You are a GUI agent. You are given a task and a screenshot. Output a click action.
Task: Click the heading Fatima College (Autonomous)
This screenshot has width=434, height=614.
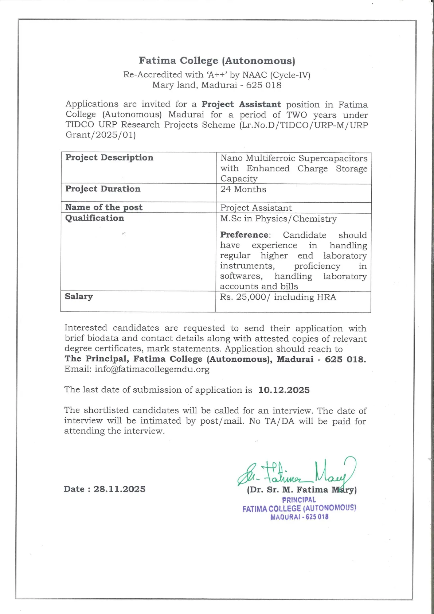(217, 61)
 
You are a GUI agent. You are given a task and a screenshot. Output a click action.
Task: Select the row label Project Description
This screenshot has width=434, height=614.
(109, 158)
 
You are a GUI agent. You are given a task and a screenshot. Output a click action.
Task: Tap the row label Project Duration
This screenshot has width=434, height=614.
(103, 189)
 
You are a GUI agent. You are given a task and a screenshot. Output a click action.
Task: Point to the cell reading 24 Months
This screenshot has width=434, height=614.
(243, 189)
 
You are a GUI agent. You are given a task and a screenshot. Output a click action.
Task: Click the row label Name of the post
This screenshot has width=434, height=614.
(104, 207)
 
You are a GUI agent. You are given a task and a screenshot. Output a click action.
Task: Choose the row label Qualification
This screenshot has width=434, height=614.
(94, 218)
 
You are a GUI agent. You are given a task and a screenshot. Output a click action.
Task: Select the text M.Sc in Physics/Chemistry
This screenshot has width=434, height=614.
(278, 219)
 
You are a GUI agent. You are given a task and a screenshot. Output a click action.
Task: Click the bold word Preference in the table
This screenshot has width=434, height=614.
(244, 235)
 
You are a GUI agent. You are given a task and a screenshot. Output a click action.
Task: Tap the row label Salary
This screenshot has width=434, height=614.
(79, 296)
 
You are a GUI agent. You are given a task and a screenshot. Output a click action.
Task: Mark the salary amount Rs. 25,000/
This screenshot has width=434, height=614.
(245, 297)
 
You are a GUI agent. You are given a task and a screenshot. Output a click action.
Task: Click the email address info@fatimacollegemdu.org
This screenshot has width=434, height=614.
(152, 369)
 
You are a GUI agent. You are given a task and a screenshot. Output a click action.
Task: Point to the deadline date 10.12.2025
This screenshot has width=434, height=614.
(284, 390)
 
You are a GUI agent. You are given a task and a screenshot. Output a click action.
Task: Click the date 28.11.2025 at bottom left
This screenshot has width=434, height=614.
(119, 489)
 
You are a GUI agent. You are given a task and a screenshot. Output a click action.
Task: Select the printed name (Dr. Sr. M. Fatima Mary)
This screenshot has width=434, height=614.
(302, 490)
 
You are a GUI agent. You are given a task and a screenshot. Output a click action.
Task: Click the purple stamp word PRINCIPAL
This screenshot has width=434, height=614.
(299, 500)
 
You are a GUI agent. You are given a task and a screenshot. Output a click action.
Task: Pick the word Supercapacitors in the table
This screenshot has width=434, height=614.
(333, 158)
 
